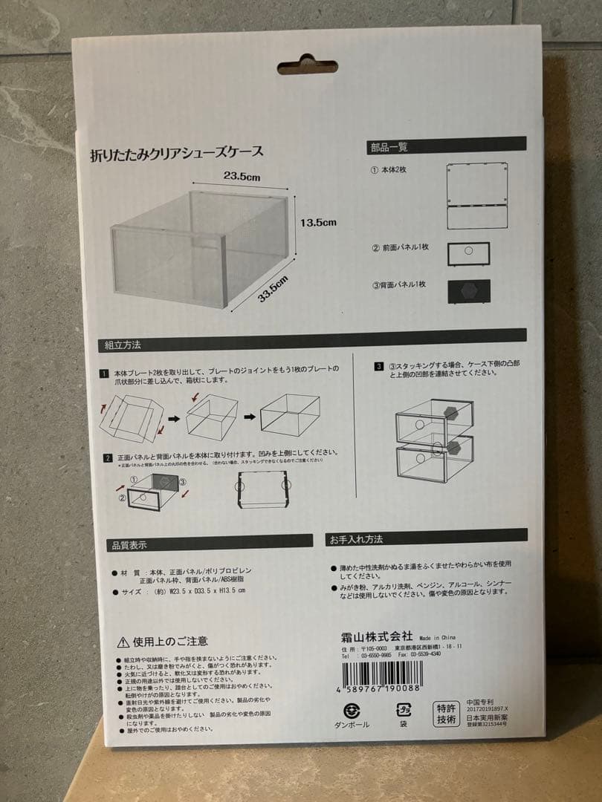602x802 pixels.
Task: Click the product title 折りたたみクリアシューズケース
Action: (x=176, y=154)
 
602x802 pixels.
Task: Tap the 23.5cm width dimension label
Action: (x=242, y=177)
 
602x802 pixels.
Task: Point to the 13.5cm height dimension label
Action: (x=318, y=222)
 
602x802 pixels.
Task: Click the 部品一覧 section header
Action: (x=389, y=147)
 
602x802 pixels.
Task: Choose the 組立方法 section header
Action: (x=123, y=345)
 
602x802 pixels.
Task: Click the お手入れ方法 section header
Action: (x=357, y=538)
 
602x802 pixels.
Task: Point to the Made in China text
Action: (x=437, y=637)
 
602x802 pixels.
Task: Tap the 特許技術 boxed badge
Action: (x=446, y=714)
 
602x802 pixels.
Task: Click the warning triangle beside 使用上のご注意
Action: (x=123, y=641)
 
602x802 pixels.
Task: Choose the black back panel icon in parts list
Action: (x=468, y=290)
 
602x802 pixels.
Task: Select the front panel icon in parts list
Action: (x=468, y=253)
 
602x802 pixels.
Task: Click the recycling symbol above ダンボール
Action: (x=352, y=711)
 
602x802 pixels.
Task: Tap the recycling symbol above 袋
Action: (x=403, y=711)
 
